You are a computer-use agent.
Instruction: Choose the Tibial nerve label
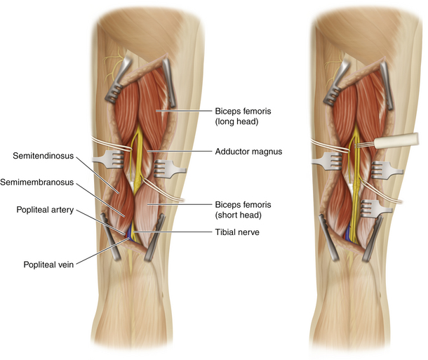click(x=234, y=232)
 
